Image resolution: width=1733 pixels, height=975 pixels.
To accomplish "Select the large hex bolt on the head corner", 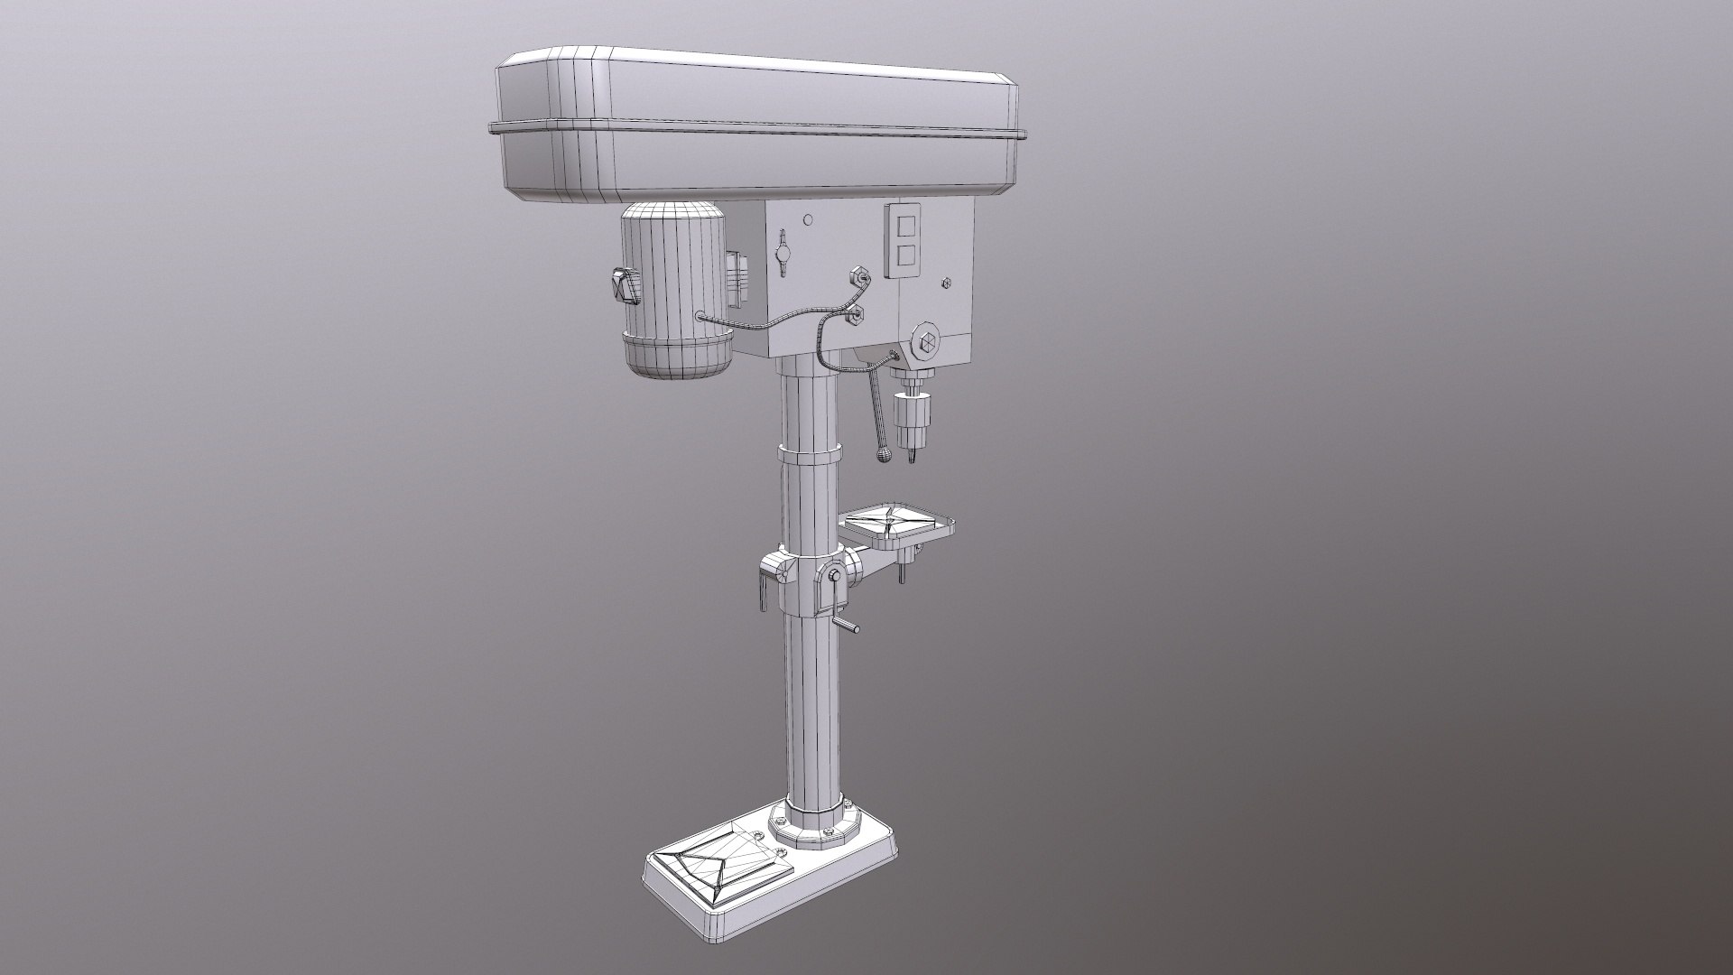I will click(x=926, y=343).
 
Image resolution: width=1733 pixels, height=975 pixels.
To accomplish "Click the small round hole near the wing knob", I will click(x=809, y=219).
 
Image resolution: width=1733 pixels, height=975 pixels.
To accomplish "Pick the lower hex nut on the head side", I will click(x=852, y=313).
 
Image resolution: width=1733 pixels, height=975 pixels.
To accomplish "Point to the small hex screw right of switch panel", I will click(x=946, y=283).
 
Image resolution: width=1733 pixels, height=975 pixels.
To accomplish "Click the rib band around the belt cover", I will click(x=758, y=129).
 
